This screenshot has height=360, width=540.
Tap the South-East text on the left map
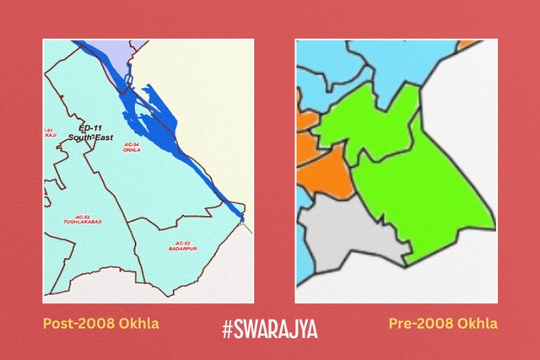click(86, 137)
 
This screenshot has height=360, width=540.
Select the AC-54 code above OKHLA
click(131, 143)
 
